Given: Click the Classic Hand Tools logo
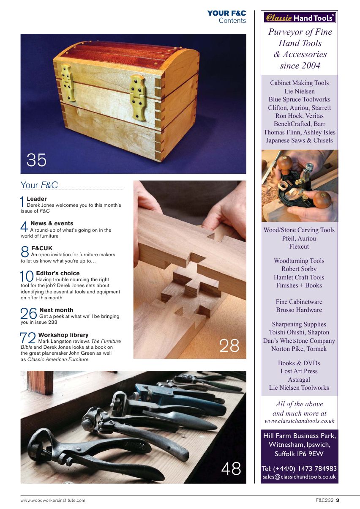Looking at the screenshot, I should tap(300, 17).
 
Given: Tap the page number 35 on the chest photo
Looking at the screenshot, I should tap(36, 160).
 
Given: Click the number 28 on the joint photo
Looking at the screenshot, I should tap(229, 345).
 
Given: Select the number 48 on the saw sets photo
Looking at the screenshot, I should tap(231, 469).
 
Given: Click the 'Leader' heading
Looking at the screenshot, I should tap(37, 199).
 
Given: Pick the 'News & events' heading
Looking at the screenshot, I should tap(52, 223).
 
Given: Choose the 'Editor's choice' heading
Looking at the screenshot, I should tap(58, 273).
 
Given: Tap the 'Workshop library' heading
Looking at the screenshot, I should tap(63, 335).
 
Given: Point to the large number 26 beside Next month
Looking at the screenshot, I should tap(29, 314).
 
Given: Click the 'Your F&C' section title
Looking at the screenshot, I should tap(39, 185).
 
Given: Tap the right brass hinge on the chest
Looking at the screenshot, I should tap(138, 97).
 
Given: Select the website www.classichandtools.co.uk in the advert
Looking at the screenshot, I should tap(299, 421).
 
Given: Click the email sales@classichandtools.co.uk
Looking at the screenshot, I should tap(299, 477).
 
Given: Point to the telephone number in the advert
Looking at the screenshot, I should tap(299, 468).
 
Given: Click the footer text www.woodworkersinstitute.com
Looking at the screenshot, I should tap(53, 501).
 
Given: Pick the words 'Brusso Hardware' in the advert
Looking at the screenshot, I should tap(299, 310).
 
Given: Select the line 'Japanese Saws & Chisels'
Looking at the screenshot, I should tap(299, 140).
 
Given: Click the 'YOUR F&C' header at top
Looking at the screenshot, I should tap(226, 14).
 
